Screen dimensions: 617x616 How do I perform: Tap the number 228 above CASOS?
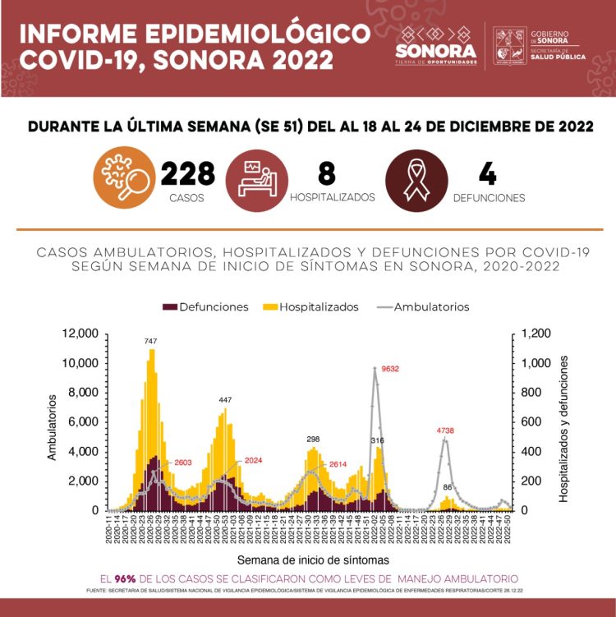[188, 174]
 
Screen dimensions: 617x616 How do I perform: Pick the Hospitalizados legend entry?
[310, 306]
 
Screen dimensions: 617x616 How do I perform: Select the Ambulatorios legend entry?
[421, 306]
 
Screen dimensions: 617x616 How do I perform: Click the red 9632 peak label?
[390, 369]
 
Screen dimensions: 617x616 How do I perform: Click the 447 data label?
[225, 400]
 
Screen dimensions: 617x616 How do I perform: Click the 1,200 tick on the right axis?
[530, 334]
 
